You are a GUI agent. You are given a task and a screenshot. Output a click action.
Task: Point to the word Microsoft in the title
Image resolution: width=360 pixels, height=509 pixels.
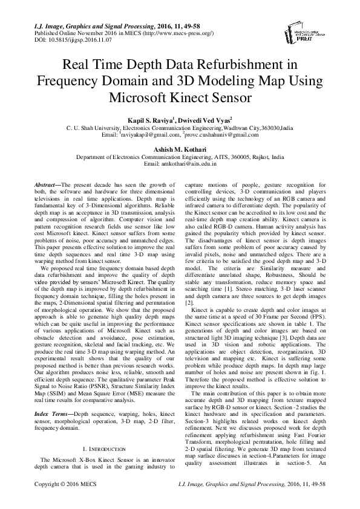[x=141, y=97]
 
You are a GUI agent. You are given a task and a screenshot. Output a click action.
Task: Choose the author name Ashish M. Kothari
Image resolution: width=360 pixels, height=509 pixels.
[x=180, y=149]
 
